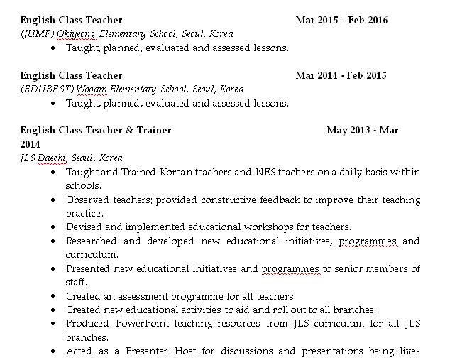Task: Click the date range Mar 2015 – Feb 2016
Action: (341, 20)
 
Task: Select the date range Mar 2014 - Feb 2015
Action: (341, 75)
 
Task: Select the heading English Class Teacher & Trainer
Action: (96, 131)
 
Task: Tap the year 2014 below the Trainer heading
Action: (31, 144)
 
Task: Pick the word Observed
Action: (87, 200)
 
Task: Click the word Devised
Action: (84, 227)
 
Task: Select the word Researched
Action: (92, 241)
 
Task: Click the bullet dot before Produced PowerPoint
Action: (54, 323)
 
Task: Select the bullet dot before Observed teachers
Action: (54, 200)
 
